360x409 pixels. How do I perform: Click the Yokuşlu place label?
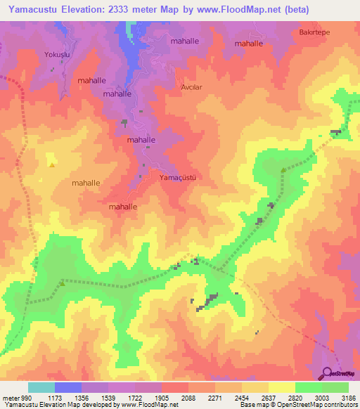(56, 53)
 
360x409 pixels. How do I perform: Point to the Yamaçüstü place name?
(177, 177)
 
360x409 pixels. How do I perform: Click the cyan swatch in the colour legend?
(41, 387)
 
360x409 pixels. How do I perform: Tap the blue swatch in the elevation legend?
(68, 387)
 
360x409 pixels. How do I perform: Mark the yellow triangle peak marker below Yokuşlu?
(52, 165)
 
